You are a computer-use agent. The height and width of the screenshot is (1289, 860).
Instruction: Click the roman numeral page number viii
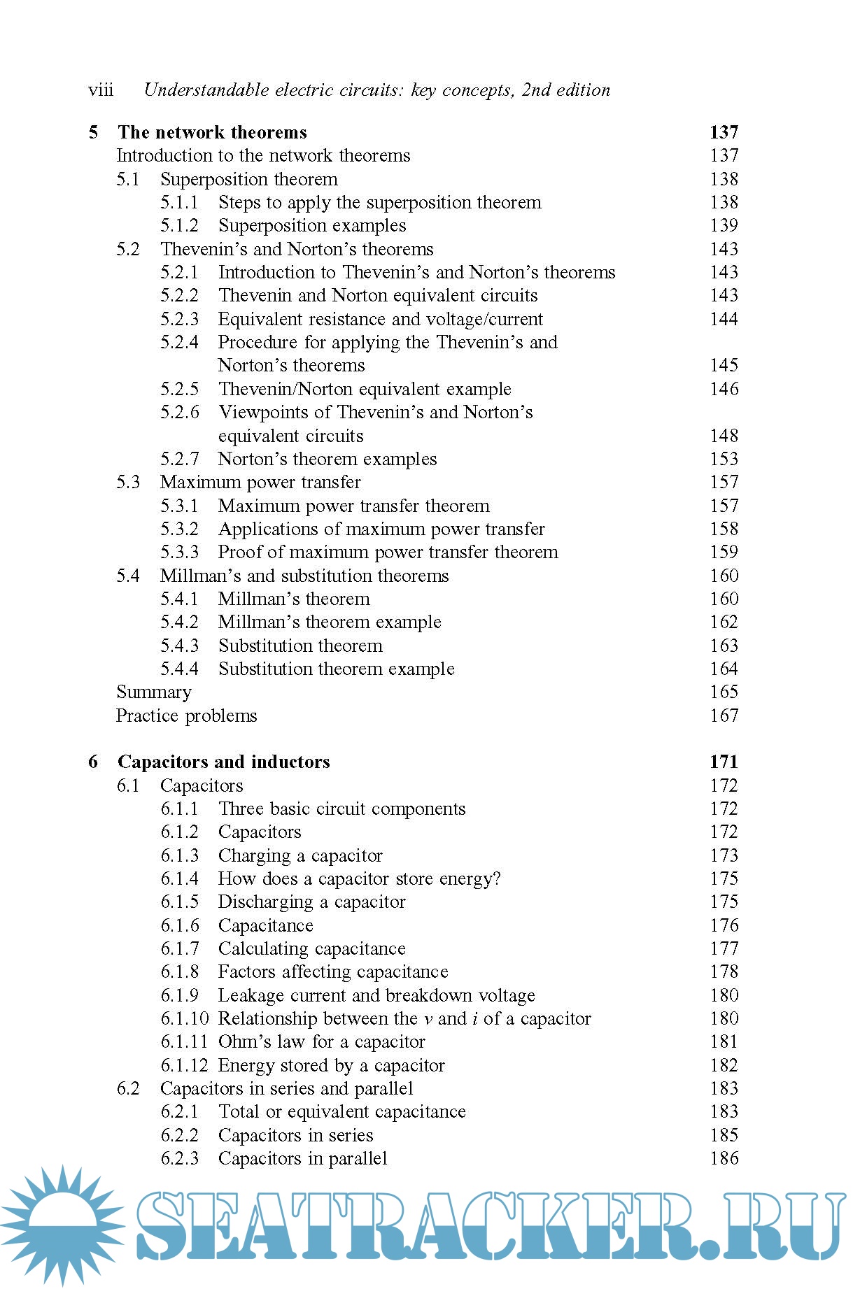tap(101, 90)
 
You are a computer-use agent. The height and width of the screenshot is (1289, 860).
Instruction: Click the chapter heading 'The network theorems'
tap(212, 132)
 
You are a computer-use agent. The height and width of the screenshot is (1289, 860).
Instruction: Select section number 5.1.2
tap(179, 225)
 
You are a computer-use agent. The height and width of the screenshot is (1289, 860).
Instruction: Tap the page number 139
tap(724, 225)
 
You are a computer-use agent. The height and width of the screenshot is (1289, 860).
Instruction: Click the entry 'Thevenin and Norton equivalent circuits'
tap(378, 295)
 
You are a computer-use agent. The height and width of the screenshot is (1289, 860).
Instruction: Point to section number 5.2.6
tap(179, 412)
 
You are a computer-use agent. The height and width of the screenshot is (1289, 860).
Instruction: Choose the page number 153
tap(724, 459)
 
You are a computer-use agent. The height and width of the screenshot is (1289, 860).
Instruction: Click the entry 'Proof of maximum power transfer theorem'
tap(388, 552)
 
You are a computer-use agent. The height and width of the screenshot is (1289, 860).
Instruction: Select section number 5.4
tap(128, 576)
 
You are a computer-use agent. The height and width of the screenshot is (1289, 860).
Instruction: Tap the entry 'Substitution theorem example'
tap(336, 669)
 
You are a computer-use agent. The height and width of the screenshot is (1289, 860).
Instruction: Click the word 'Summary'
tap(154, 692)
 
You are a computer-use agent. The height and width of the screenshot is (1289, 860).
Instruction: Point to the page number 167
tap(724, 715)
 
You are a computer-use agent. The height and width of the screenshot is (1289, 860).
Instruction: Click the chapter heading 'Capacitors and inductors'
tap(223, 762)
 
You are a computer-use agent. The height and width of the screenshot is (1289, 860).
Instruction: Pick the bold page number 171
tap(724, 762)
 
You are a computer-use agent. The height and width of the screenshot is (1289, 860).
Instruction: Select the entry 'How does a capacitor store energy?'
tap(359, 878)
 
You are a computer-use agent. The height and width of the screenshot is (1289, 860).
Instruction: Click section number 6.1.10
tap(185, 1018)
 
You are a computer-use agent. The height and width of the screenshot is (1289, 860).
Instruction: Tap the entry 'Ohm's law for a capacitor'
tap(321, 1042)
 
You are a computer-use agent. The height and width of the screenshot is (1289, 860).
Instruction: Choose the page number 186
tap(724, 1158)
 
